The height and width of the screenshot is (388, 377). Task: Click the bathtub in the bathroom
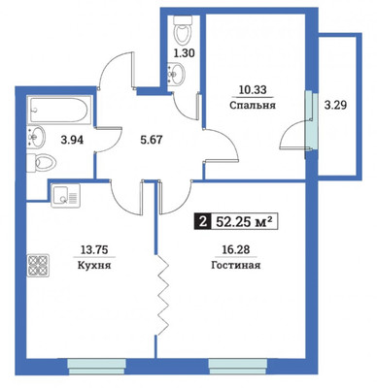(59, 110)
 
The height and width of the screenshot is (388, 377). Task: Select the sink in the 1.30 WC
(176, 74)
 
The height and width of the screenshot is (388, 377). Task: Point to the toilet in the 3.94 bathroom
(41, 163)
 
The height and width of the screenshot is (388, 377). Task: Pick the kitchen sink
(65, 195)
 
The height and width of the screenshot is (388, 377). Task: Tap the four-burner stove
(38, 265)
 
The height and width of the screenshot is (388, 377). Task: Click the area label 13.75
(94, 249)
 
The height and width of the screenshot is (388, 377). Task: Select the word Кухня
(94, 266)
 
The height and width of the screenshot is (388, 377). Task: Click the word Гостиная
(236, 266)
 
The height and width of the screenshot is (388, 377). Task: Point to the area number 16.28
(236, 249)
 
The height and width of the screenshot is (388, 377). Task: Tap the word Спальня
(253, 105)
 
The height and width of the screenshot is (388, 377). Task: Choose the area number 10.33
(253, 89)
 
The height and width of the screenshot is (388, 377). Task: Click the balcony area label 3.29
(335, 105)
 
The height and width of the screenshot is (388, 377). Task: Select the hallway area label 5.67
(150, 140)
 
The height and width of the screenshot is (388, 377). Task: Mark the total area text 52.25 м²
(244, 222)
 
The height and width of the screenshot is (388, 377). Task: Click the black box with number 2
(203, 222)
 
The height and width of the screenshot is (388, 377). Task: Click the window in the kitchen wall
(96, 367)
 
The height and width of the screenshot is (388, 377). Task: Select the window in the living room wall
(238, 367)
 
